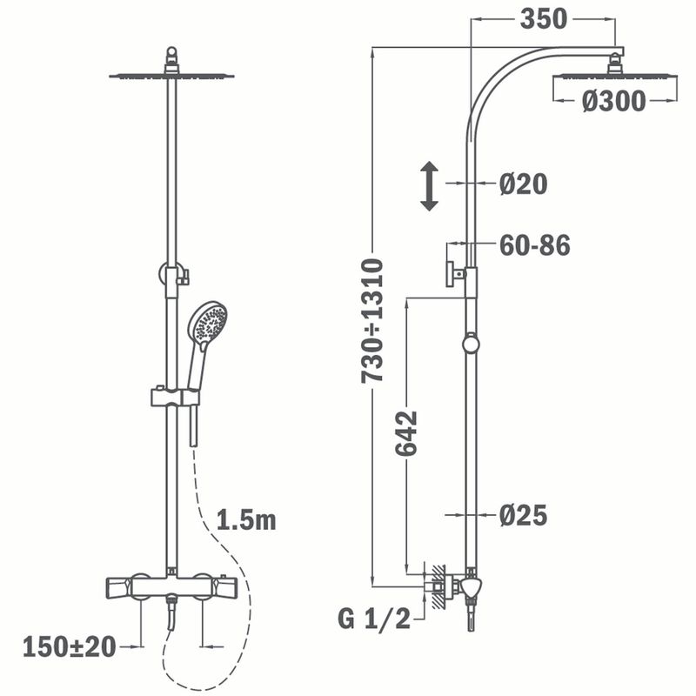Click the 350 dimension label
click(x=544, y=19)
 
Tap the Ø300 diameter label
click(x=614, y=101)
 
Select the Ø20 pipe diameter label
click(x=524, y=184)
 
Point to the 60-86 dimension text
click(x=535, y=245)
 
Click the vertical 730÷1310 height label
click(x=372, y=321)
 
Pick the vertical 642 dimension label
click(x=406, y=433)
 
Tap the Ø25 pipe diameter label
click(x=524, y=515)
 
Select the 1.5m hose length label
click(x=246, y=519)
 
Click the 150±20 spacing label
click(x=70, y=646)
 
